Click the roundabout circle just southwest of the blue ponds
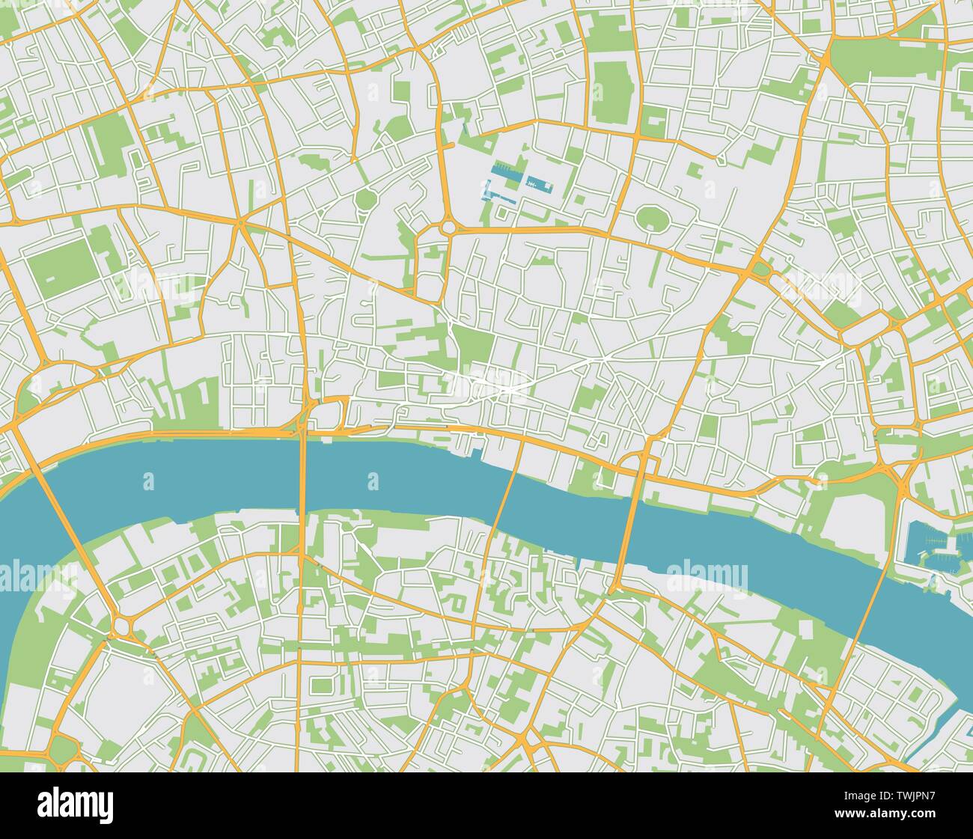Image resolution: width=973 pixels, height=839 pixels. (448, 225)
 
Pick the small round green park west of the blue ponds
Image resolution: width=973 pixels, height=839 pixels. (367, 200)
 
